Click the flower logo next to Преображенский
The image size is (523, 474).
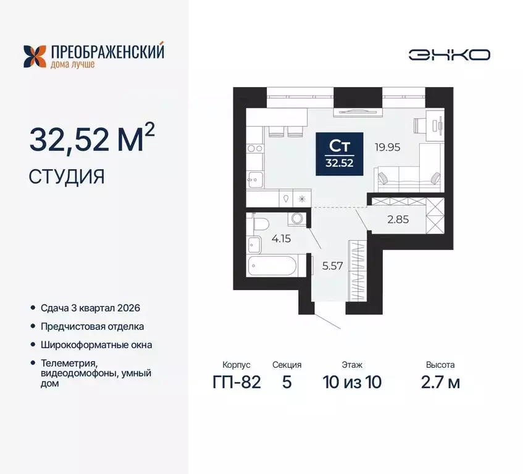point(35,56)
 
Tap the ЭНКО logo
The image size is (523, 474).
point(449,54)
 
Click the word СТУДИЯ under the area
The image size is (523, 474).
point(67,177)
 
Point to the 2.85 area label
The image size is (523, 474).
point(398,218)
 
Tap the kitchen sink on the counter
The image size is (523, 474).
point(254,181)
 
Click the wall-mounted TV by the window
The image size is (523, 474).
point(352,112)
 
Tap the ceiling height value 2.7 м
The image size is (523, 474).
point(440,382)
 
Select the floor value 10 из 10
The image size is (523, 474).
point(351,382)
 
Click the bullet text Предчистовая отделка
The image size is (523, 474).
point(92,326)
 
